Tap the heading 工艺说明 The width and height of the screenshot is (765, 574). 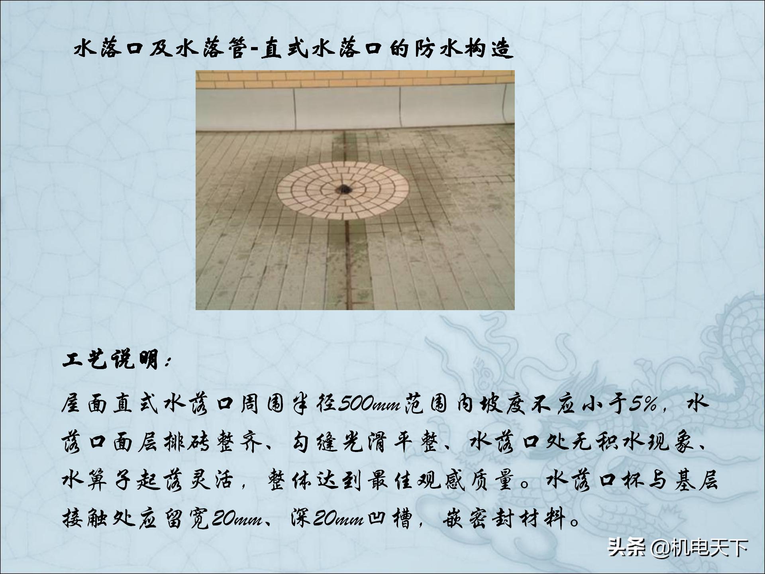pos(112,360)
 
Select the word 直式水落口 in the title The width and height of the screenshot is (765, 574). pos(320,49)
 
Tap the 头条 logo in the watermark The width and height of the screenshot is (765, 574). pos(626,548)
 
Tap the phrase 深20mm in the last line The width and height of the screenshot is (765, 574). pos(327,519)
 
